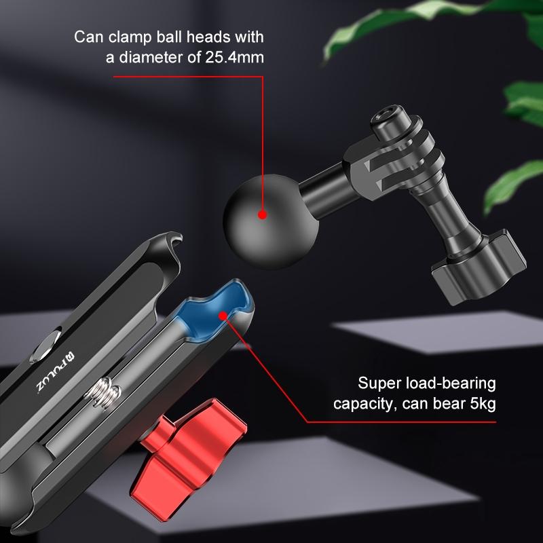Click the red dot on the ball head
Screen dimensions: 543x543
pyautogui.click(x=262, y=215)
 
